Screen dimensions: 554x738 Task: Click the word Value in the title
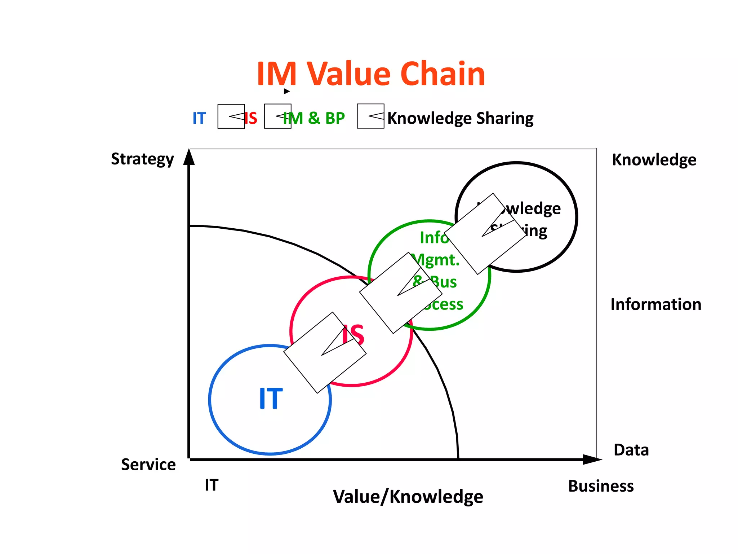(348, 74)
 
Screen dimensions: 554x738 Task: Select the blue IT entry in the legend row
(199, 118)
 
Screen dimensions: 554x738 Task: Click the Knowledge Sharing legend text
(460, 119)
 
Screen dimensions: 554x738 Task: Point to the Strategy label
(142, 159)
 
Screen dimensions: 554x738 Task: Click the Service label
(148, 465)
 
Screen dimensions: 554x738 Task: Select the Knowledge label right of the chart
(654, 160)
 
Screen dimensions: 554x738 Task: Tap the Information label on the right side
(655, 304)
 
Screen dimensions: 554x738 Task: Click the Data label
(631, 450)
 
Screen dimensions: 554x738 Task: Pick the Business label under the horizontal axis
(601, 486)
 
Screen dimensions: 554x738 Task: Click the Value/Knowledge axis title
(408, 497)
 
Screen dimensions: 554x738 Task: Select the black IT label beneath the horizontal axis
(212, 485)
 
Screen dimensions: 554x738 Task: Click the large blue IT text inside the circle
(271, 399)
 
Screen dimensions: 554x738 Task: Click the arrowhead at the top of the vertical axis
(189, 158)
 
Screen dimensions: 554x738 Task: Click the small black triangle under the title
(286, 91)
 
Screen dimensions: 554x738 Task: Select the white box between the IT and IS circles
(325, 352)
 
